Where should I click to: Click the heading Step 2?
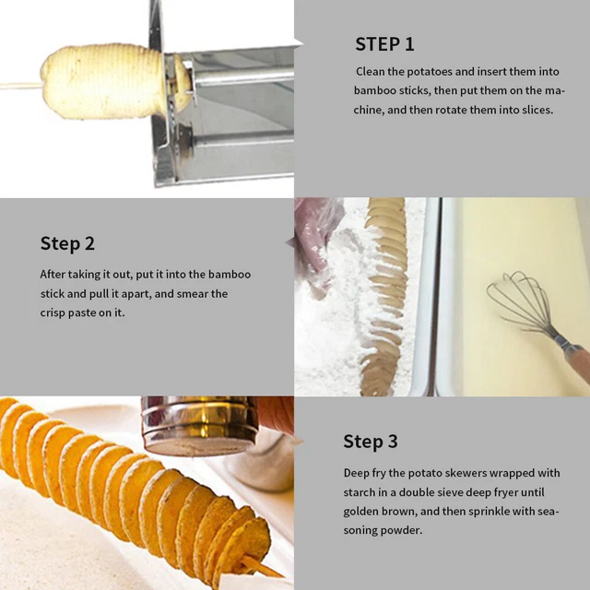tap(67, 243)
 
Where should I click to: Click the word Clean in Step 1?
tap(372, 71)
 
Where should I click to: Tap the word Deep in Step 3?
tap(358, 472)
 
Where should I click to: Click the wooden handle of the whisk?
tap(575, 361)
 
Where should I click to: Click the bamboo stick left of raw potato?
tap(18, 85)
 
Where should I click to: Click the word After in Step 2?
tap(53, 274)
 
